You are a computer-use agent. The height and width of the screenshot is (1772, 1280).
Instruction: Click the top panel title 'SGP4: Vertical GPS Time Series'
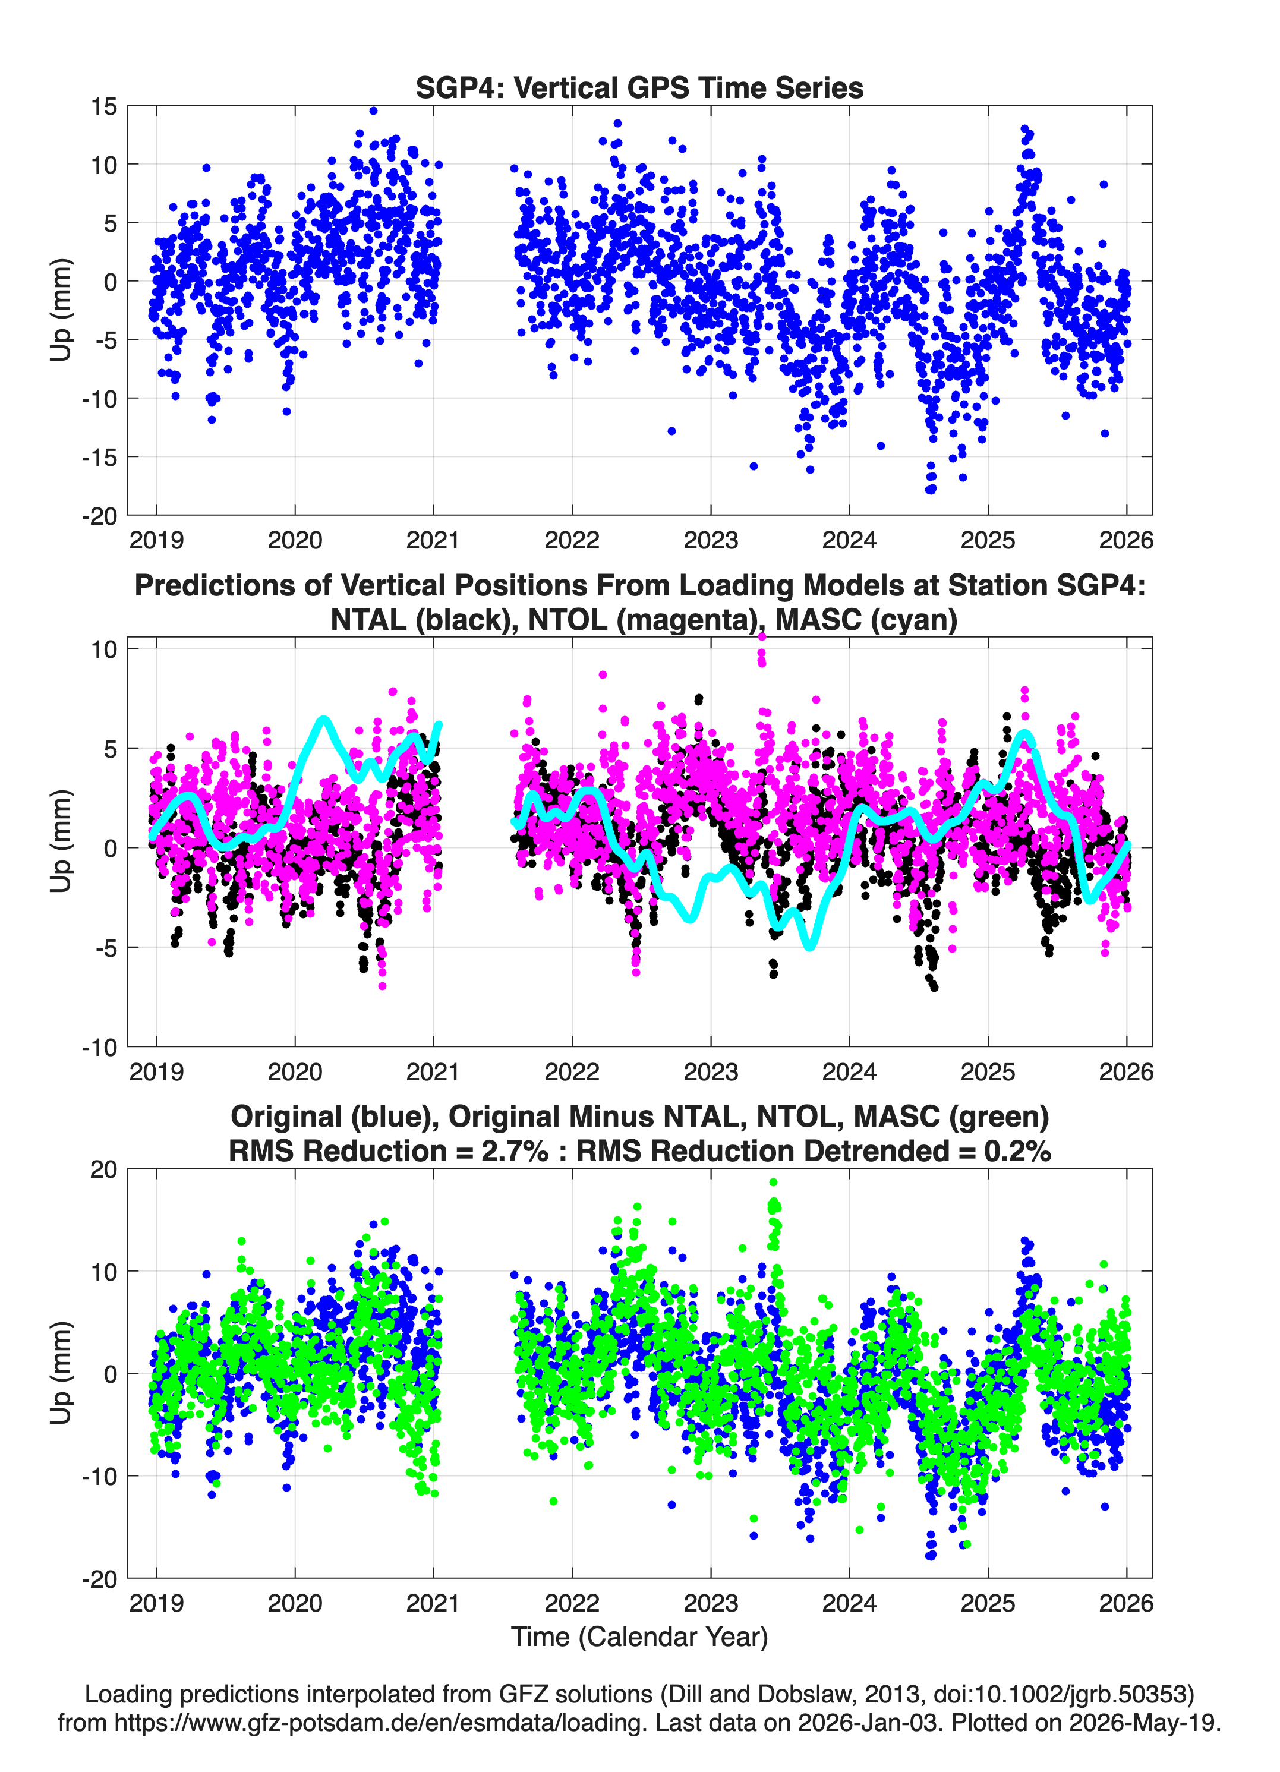coord(639,87)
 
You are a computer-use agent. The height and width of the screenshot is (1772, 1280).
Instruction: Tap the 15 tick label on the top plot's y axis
coord(104,106)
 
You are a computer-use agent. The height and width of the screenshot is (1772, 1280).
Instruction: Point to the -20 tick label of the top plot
coord(99,516)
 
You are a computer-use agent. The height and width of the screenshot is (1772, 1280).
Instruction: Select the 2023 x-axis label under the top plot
coord(710,540)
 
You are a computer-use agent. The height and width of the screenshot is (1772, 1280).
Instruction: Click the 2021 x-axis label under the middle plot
coord(433,1071)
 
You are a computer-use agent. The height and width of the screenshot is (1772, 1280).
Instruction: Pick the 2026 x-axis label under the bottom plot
coord(1126,1603)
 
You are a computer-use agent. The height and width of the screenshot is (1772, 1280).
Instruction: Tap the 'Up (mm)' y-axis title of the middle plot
coord(61,841)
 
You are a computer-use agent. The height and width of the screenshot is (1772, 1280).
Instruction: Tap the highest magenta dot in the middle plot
coord(762,637)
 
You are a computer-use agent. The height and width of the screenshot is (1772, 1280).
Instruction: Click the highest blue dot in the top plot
coord(374,111)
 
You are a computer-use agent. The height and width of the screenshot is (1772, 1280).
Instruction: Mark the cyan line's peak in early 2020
coord(323,719)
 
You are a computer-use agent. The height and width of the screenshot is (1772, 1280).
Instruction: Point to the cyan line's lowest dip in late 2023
coord(809,945)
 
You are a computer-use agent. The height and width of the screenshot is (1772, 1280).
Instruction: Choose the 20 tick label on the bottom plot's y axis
coord(104,1169)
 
